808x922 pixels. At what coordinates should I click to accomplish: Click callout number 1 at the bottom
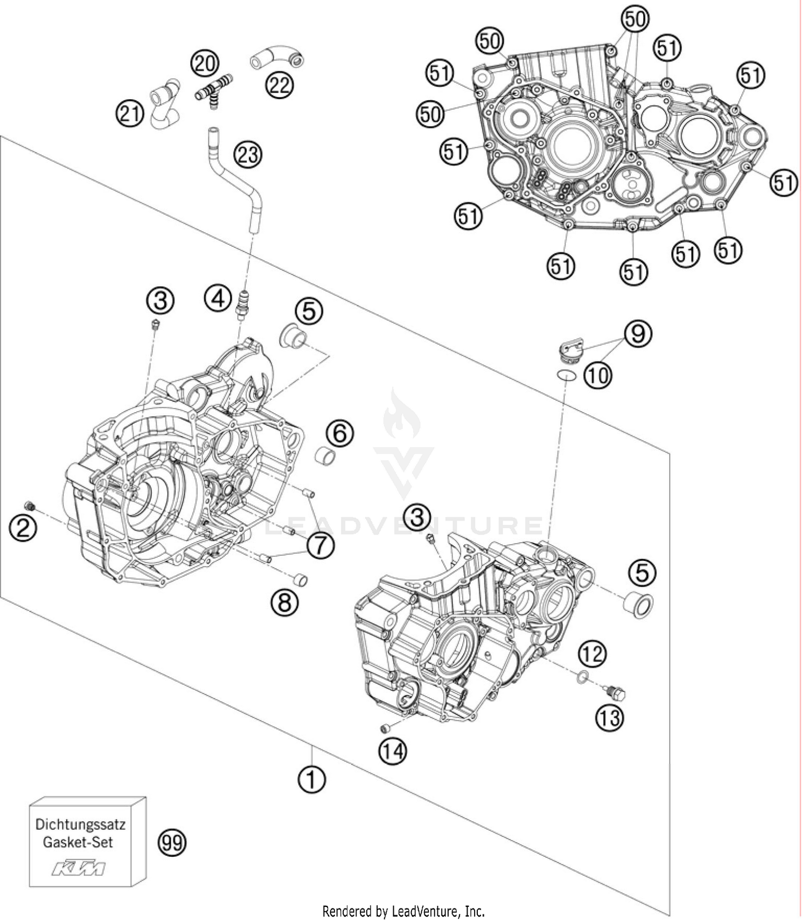pos(311,778)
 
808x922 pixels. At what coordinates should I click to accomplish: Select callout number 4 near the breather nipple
pos(218,298)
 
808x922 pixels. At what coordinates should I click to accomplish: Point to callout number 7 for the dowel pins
pos(321,545)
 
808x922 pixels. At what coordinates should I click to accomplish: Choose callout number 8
pos(284,602)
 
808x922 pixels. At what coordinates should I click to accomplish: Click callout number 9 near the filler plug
pos(638,334)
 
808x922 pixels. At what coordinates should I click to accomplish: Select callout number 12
pos(593,654)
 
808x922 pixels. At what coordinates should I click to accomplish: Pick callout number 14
pos(393,750)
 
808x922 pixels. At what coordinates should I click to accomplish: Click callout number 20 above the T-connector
pos(205,64)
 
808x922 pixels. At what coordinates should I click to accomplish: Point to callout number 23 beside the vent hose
pos(247,155)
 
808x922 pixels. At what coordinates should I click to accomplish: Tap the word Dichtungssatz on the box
pos(80,824)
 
